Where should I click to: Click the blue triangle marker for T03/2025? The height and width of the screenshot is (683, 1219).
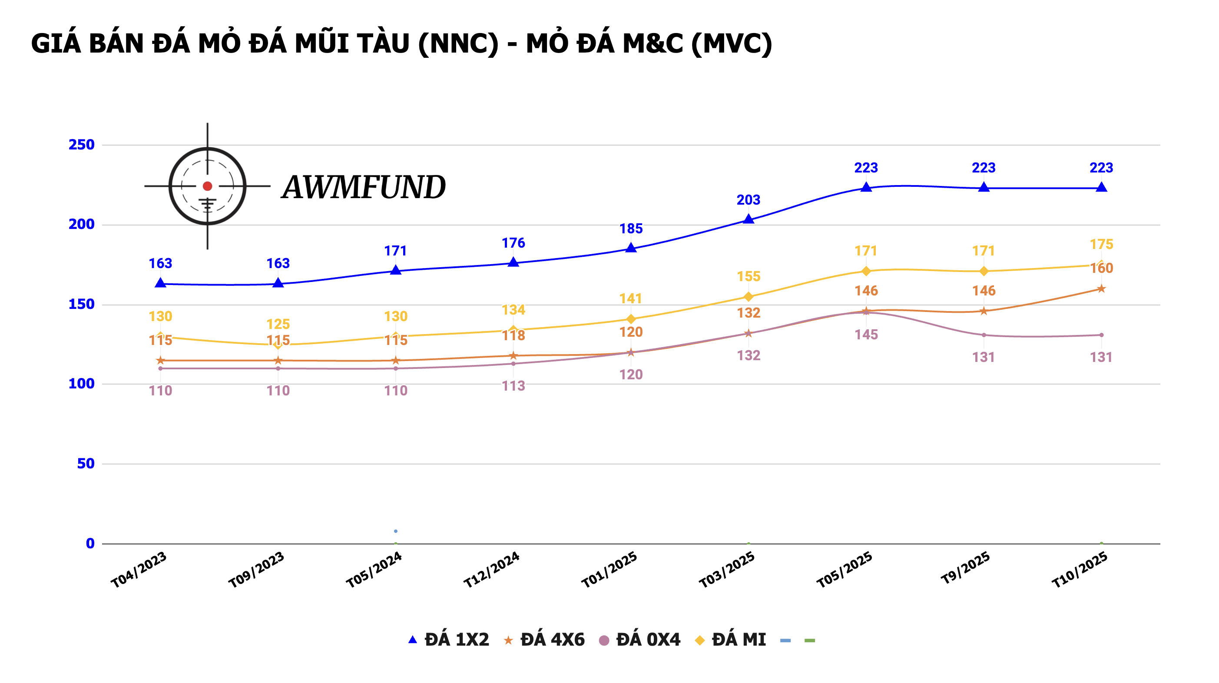coord(748,219)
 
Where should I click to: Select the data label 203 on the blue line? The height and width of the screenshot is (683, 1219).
coord(748,200)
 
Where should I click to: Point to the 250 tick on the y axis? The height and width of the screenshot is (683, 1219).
coord(81,144)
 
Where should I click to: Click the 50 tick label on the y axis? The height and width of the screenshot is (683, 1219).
coord(86,464)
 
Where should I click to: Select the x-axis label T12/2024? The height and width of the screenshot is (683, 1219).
coord(492,570)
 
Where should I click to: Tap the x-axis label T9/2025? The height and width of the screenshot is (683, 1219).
coord(965,568)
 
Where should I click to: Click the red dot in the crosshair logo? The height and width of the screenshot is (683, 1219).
coord(207,186)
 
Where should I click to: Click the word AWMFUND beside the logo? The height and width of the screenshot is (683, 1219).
coord(364,187)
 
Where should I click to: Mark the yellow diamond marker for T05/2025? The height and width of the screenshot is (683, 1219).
coord(866,271)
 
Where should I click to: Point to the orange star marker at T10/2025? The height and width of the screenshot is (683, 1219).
coord(1101,289)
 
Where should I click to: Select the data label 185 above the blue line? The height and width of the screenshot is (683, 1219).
coord(631,229)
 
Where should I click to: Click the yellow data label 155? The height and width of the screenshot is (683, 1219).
coord(748,276)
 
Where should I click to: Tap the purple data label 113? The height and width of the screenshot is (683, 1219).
coord(513,386)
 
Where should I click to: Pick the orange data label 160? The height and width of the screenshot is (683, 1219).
coord(1101,269)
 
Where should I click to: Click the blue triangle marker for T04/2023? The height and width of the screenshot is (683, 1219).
coord(160,283)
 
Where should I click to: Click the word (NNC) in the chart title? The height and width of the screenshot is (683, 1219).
coord(458,43)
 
